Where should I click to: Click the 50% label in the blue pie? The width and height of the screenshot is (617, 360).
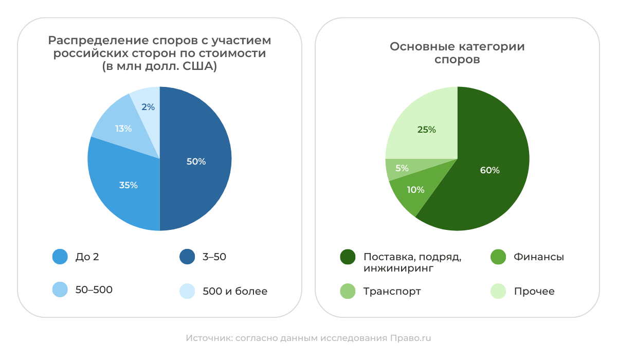tap(196, 161)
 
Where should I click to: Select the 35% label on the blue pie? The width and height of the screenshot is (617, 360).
tap(128, 185)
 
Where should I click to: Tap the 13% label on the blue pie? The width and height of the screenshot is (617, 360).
tap(123, 129)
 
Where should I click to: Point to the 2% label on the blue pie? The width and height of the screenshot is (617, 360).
tap(148, 107)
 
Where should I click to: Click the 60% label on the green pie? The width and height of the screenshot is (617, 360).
tap(489, 170)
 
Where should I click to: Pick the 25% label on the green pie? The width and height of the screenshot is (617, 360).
tap(426, 130)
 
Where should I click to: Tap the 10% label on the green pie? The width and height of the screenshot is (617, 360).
tap(415, 190)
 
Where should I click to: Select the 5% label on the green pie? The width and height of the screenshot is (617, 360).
tap(402, 168)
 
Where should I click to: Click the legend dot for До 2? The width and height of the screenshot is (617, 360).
tap(60, 257)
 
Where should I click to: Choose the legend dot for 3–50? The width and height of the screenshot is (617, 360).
tap(187, 257)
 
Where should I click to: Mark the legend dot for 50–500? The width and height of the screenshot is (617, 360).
tap(60, 290)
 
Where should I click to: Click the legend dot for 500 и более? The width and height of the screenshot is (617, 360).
tap(187, 291)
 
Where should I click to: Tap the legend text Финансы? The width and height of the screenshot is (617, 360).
tap(539, 257)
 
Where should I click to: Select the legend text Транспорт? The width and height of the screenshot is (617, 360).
tap(392, 291)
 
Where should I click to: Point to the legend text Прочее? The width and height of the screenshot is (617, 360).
tap(534, 291)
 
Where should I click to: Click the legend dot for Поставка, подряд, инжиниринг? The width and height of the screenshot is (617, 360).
tap(348, 257)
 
